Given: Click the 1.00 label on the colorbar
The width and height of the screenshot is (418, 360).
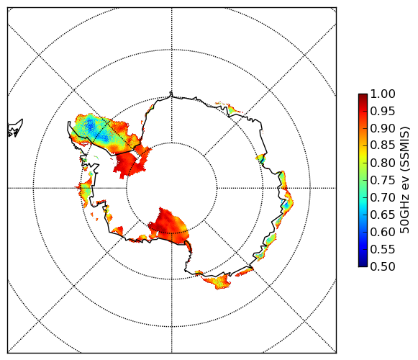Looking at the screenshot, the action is [x=383, y=94].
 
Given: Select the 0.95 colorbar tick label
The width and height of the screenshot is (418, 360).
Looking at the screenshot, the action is [x=383, y=112].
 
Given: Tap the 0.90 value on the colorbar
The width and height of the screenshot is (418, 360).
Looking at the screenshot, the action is [x=383, y=128].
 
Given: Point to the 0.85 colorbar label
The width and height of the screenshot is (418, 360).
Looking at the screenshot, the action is [x=383, y=145].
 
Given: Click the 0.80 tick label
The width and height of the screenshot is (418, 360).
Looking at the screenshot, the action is [x=383, y=163].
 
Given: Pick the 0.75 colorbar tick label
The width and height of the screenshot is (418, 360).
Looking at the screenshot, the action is [x=383, y=180].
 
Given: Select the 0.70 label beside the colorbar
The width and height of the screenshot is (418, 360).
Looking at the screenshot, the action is [x=383, y=197].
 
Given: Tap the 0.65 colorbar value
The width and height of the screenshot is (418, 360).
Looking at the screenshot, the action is [x=383, y=215].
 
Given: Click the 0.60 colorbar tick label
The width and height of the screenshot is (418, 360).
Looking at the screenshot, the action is [x=383, y=232].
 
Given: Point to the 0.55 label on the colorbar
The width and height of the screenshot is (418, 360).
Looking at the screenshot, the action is [x=383, y=249].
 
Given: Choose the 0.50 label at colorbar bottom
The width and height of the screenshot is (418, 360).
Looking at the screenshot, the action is [x=383, y=266].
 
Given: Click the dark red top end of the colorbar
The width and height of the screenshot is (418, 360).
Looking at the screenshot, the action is [x=363, y=95].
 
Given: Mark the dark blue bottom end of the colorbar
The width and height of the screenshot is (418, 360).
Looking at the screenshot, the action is [x=363, y=265].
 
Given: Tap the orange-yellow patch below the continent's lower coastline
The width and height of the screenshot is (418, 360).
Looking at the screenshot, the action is [x=217, y=281].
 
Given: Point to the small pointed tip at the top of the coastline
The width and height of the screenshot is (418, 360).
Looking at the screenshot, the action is [x=171, y=93].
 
